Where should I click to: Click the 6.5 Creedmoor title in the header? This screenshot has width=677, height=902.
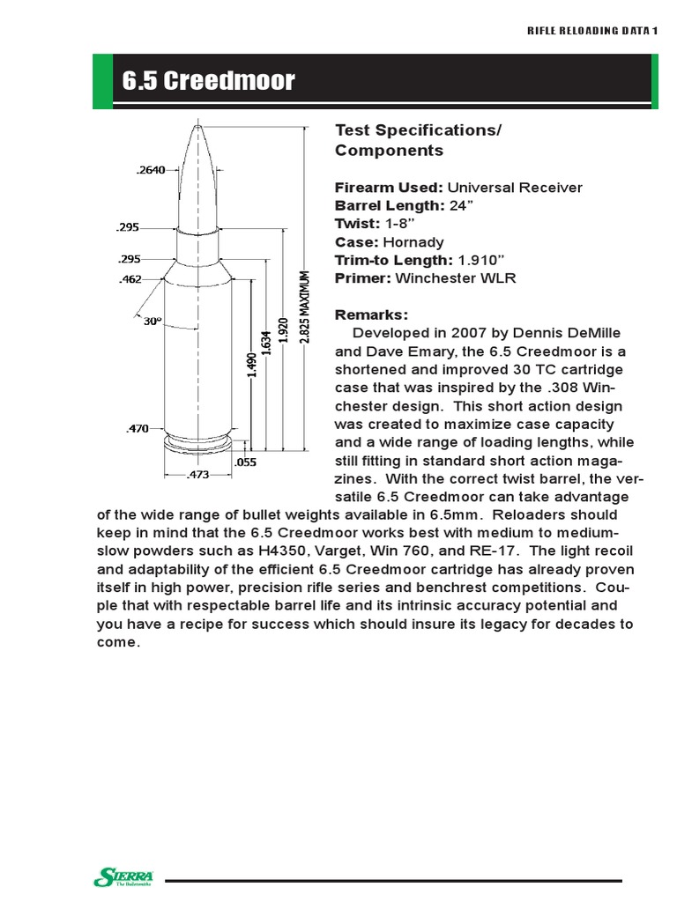pos(209,83)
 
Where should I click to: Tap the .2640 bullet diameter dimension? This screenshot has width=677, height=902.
pos(152,170)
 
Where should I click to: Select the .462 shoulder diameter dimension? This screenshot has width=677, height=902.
pos(130,279)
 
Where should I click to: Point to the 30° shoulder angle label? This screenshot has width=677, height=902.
pos(153,322)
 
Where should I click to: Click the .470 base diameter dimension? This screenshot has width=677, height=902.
pos(137,429)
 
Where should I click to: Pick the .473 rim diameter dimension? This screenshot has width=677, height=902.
pos(199,476)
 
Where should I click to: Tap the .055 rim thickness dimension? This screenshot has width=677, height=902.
pos(244,462)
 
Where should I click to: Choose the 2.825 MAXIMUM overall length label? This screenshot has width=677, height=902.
pos(306,308)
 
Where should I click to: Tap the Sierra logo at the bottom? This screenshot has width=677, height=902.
pos(123,876)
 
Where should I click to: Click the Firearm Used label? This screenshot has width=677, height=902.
pos(389,188)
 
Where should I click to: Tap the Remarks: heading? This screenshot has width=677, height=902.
pos(371,314)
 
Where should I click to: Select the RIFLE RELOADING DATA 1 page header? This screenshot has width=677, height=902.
pos(592,31)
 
